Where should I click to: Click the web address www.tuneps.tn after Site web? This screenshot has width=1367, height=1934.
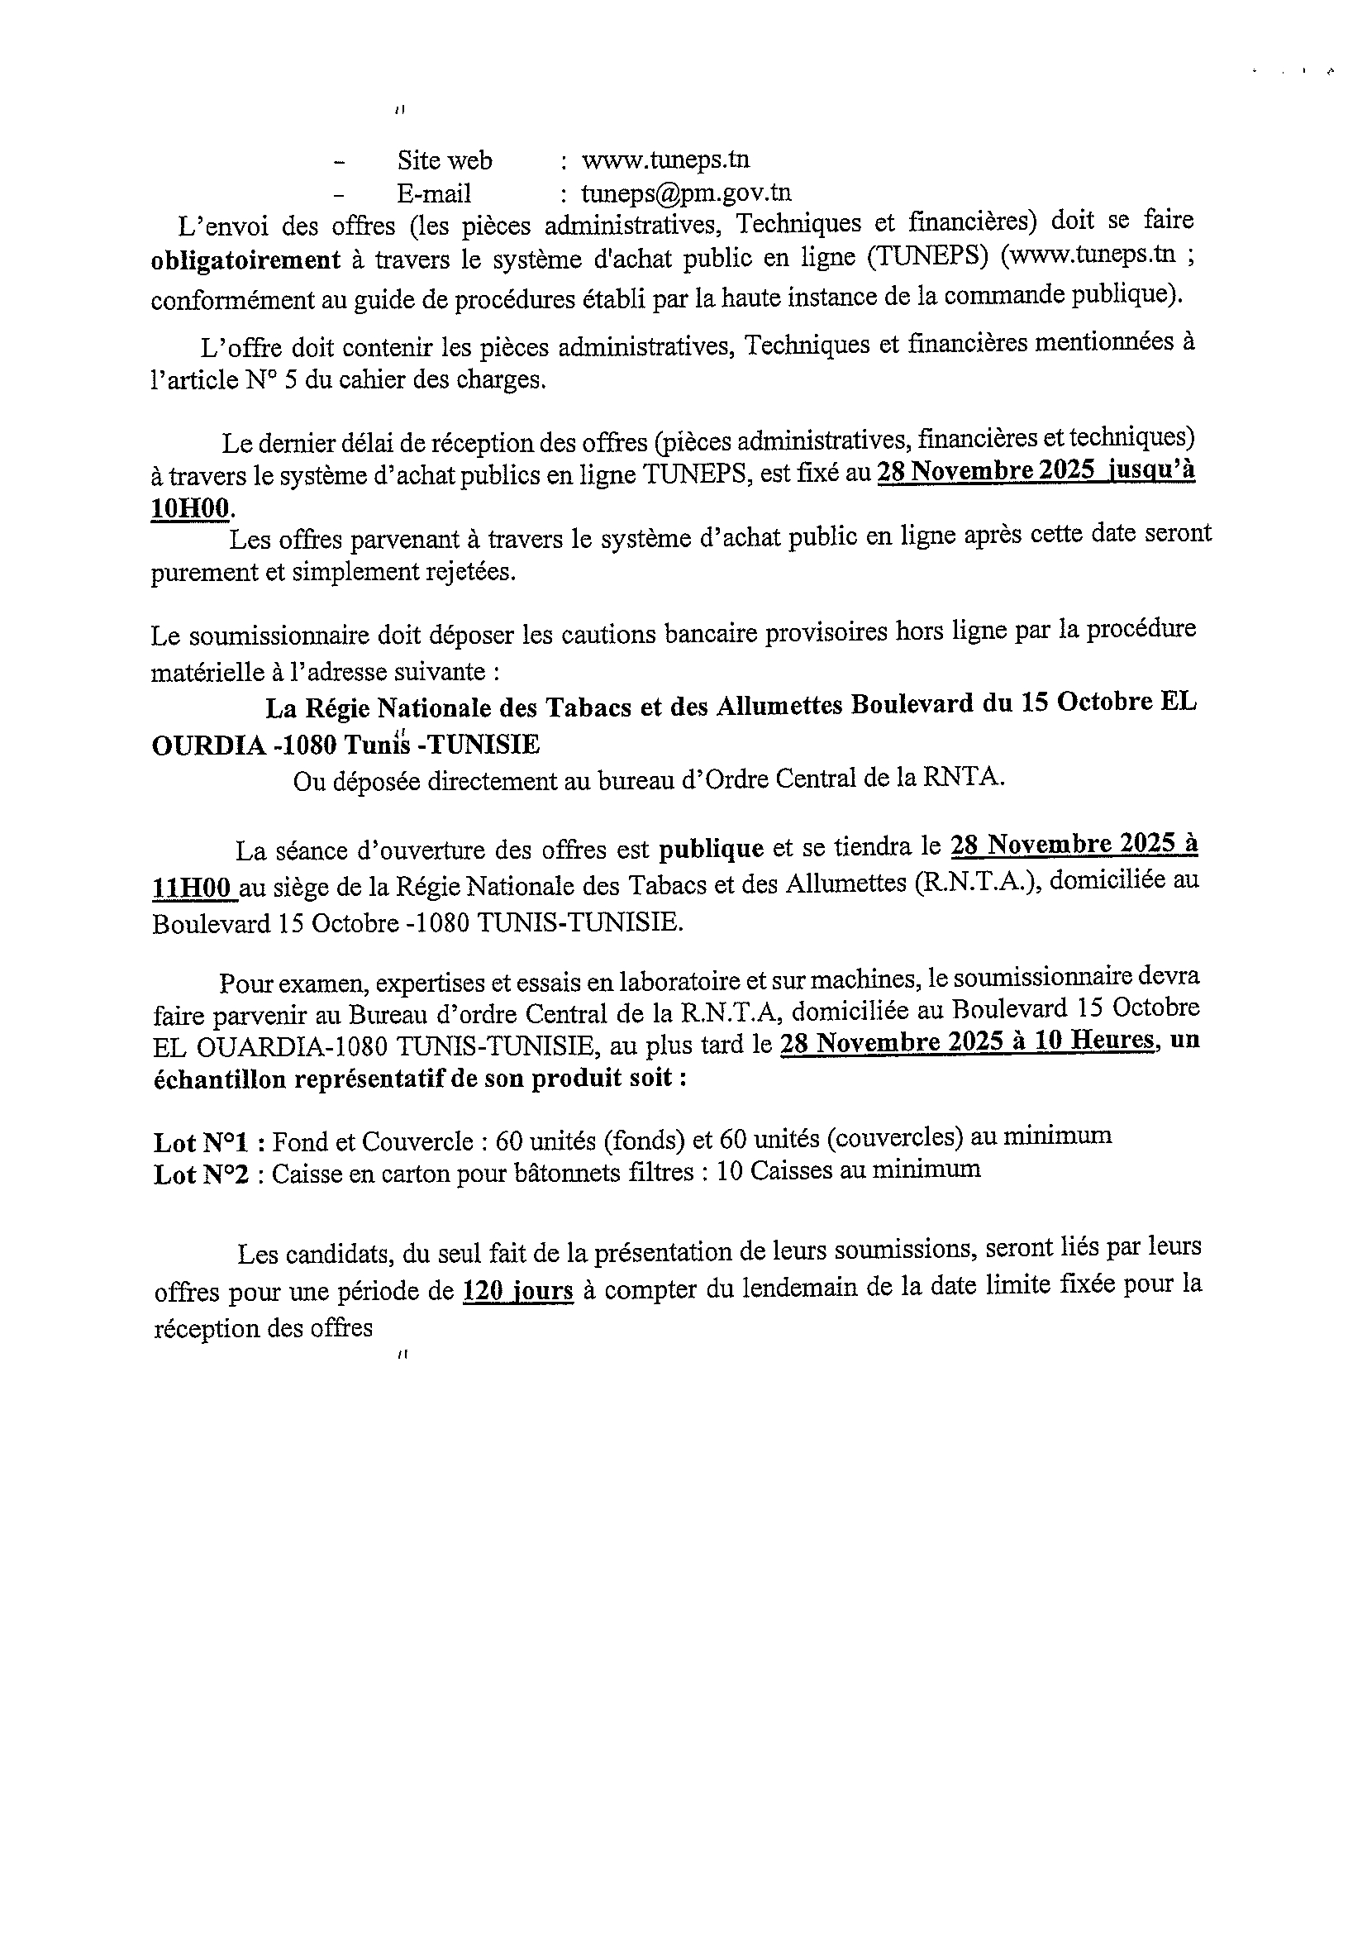(x=664, y=160)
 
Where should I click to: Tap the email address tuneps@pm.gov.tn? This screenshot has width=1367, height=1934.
(x=686, y=193)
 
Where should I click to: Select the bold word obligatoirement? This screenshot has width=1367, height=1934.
(x=245, y=260)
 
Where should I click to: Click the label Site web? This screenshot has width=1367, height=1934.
(x=445, y=160)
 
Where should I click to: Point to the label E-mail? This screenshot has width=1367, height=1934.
(x=434, y=193)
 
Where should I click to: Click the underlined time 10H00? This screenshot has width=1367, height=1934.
(x=190, y=507)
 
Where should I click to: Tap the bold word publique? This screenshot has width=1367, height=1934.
(x=711, y=848)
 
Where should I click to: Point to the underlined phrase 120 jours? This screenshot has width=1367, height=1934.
(x=518, y=1291)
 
